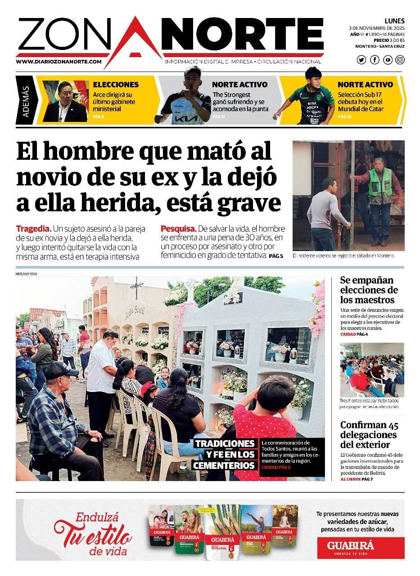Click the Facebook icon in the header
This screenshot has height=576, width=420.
(375, 60)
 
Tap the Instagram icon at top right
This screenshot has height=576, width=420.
(400, 60)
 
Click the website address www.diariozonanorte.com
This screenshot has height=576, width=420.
(59, 62)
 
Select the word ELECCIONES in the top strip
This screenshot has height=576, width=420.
(116, 84)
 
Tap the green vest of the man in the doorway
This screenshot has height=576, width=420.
(379, 182)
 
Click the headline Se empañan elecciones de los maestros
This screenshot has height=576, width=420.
(369, 290)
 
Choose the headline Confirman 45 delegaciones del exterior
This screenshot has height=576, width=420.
(369, 435)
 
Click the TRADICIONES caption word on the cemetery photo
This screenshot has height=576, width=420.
(225, 444)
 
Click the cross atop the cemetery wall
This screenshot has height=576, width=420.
(136, 287)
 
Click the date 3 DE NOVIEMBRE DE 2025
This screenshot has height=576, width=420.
(377, 28)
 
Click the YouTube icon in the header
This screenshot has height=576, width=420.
(387, 60)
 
